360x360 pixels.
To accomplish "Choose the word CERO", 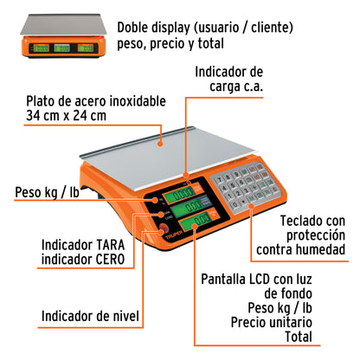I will tap(104, 259).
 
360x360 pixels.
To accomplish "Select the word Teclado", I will tap(296, 221).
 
